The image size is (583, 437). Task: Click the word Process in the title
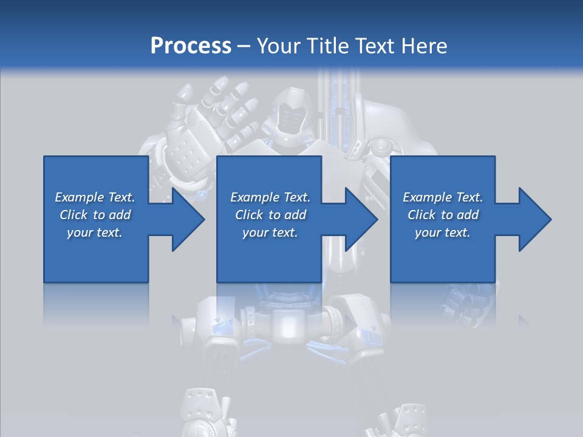191,46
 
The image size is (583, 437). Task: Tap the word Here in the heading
424,46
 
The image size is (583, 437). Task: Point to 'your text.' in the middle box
270,232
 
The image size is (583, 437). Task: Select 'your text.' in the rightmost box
442,232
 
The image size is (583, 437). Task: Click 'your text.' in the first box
94,232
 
